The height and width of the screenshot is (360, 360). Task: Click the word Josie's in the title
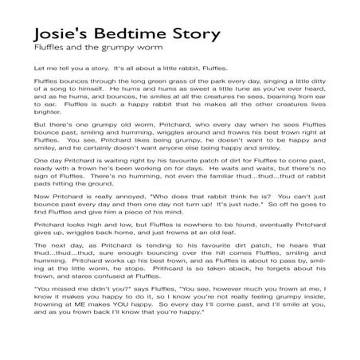(x=65, y=37)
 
